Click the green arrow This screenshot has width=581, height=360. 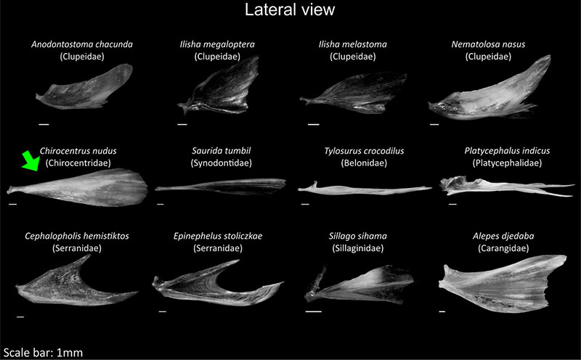pyautogui.click(x=31, y=161)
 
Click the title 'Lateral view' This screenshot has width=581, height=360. pyautogui.click(x=290, y=10)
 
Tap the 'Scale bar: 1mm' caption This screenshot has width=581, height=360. pyautogui.click(x=43, y=352)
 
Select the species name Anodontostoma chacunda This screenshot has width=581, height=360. pyautogui.click(x=82, y=44)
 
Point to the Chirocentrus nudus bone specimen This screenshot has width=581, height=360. pyautogui.click(x=78, y=187)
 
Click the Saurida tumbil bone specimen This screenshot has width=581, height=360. pyautogui.click(x=221, y=187)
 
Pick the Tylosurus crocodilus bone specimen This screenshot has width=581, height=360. pyautogui.click(x=365, y=189)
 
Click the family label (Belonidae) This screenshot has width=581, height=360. pyautogui.click(x=364, y=163)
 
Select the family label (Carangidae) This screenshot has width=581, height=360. pyautogui.click(x=503, y=248)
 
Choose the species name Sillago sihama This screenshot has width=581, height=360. pyautogui.click(x=358, y=236)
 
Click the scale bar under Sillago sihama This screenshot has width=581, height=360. pyautogui.click(x=314, y=311)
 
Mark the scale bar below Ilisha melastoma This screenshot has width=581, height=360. pyautogui.click(x=314, y=124)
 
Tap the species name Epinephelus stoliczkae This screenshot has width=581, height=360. pyautogui.click(x=218, y=236)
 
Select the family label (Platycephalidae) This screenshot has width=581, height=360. pyautogui.click(x=507, y=163)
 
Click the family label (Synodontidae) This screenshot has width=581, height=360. pyautogui.click(x=222, y=163)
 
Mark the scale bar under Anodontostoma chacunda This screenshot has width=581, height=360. pyautogui.click(x=44, y=124)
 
